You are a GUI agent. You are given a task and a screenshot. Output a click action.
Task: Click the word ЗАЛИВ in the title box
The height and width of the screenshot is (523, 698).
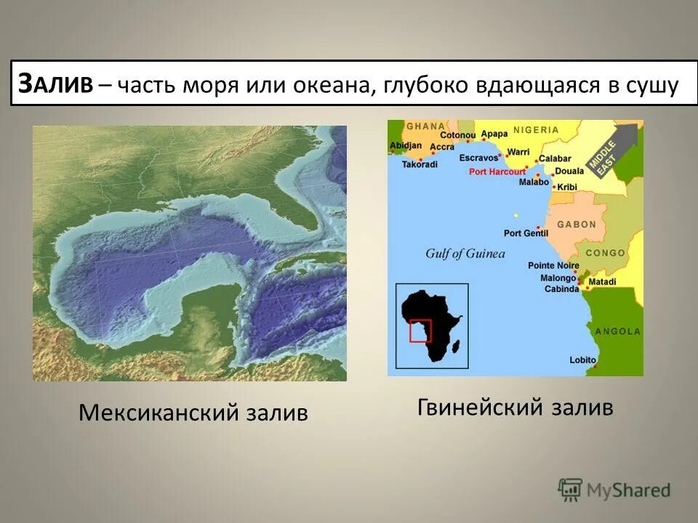(55, 85)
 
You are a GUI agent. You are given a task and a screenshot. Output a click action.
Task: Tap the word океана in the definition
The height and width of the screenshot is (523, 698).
(330, 85)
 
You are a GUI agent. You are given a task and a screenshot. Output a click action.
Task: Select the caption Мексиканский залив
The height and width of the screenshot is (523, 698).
(193, 413)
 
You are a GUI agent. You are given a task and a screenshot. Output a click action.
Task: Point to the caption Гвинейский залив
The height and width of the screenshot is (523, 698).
(515, 407)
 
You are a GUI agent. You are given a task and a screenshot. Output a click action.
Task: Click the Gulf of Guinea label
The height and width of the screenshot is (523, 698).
(465, 254)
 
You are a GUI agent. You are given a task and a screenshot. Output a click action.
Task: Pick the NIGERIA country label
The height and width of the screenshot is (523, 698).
(536, 130)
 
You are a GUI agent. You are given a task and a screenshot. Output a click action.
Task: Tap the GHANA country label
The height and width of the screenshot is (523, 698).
(425, 126)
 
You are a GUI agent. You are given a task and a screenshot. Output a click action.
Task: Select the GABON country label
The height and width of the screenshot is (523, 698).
(577, 224)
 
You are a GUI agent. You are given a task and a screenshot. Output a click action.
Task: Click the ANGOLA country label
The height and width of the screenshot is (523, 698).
(618, 331)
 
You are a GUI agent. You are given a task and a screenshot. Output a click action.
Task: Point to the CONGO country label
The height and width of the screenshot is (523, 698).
(606, 253)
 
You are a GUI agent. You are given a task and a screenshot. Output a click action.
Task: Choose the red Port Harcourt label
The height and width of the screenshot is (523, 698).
(497, 172)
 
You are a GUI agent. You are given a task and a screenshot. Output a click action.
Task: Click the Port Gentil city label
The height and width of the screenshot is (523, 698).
(526, 233)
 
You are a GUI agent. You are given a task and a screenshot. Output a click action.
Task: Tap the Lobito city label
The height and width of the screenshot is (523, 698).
(583, 360)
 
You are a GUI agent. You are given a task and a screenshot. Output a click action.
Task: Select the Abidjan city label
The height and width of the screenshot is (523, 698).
(406, 145)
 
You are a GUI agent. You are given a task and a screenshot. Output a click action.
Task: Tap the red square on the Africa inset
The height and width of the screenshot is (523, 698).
(420, 331)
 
